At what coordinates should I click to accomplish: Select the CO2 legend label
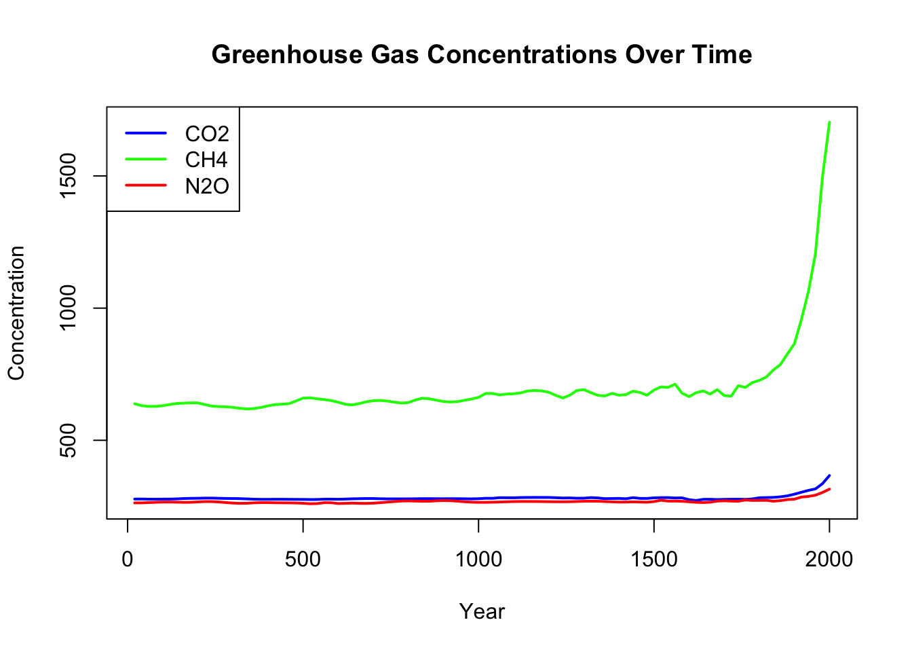click(x=207, y=134)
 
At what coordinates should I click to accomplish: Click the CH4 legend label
click(x=206, y=160)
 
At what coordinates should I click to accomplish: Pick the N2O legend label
click(x=207, y=185)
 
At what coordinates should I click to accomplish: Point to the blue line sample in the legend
click(x=146, y=133)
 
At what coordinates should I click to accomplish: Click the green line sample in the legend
click(x=146, y=159)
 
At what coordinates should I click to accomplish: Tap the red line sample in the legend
click(x=146, y=185)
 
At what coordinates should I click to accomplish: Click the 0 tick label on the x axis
click(x=128, y=560)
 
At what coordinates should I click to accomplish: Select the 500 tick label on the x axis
click(x=303, y=560)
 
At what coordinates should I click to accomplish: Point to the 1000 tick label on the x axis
click(x=478, y=560)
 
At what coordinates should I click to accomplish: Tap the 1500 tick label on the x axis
click(x=653, y=560)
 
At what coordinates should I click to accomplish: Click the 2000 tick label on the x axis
click(x=829, y=560)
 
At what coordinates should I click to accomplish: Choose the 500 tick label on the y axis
click(x=71, y=440)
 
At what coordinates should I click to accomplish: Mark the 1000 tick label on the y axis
click(x=71, y=308)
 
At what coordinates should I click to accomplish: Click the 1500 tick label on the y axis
click(x=71, y=176)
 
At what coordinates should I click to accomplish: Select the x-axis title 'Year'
click(x=482, y=612)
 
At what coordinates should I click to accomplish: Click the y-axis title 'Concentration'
click(x=16, y=312)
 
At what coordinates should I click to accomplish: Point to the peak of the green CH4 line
click(x=829, y=123)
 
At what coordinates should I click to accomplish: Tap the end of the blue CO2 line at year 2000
click(x=829, y=475)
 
